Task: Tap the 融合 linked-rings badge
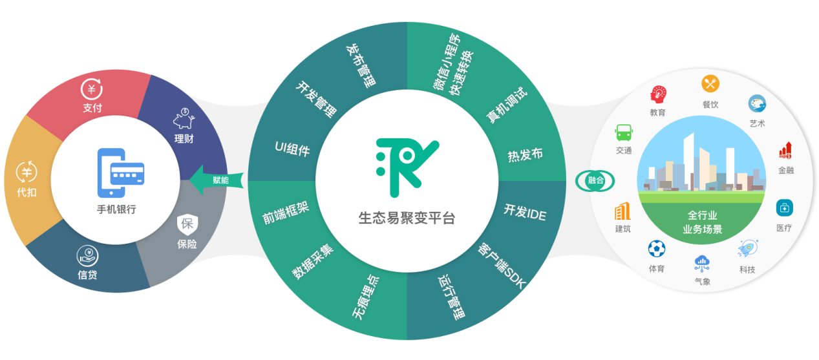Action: tap(595, 180)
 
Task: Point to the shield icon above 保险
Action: tap(187, 224)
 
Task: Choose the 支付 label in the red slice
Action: tap(92, 108)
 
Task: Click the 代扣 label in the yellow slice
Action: tap(27, 192)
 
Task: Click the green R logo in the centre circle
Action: tap(407, 167)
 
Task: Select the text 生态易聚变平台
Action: tap(407, 218)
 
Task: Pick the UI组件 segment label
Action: tap(292, 149)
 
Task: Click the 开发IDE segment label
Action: tap(525, 211)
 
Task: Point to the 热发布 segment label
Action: tap(525, 155)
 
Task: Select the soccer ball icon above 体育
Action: tap(657, 249)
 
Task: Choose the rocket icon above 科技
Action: tap(748, 248)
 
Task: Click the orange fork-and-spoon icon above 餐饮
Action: tap(710, 83)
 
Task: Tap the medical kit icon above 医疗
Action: tap(784, 208)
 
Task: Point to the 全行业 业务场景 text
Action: tap(702, 222)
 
